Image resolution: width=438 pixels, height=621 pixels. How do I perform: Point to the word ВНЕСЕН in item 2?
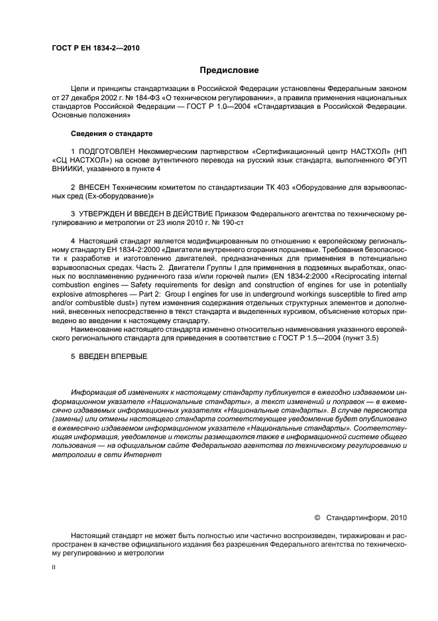[x=96, y=188]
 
